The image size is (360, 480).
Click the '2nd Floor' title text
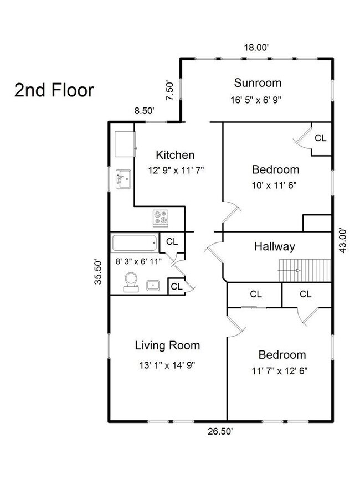[x=54, y=90]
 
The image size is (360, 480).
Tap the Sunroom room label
[x=258, y=83]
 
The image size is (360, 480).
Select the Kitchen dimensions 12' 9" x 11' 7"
[x=176, y=170]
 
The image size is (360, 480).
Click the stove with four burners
[x=161, y=218]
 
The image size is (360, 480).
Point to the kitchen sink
[x=124, y=179]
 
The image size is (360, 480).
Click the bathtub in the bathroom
[x=135, y=243]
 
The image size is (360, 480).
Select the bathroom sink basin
[x=153, y=285]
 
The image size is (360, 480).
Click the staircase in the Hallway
[x=305, y=270]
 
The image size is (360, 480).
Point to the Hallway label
[x=275, y=247]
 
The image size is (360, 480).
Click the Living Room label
[x=167, y=345]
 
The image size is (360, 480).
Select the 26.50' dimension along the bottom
[x=220, y=432]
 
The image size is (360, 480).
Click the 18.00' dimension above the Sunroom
[x=256, y=48]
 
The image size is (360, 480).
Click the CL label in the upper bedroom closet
[x=321, y=138]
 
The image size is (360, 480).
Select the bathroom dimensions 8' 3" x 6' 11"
[x=138, y=261]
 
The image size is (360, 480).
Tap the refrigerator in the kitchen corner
[x=125, y=144]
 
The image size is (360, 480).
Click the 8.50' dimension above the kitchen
[x=144, y=111]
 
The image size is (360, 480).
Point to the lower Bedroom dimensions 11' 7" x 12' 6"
[x=280, y=371]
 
